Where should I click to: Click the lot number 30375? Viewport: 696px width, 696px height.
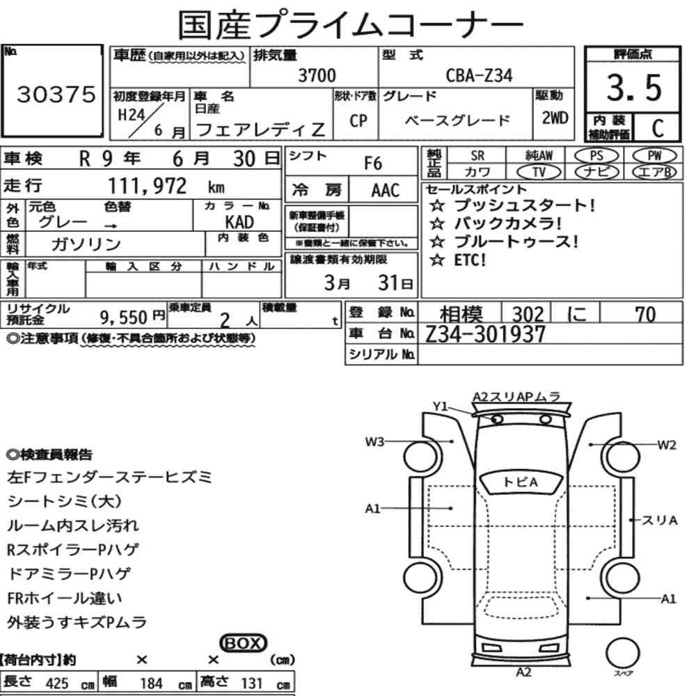56,94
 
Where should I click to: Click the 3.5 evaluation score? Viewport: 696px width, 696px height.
634,88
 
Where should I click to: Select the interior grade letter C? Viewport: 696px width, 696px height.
658,128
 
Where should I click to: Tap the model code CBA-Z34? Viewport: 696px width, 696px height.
479,75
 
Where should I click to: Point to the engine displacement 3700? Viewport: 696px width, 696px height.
317,75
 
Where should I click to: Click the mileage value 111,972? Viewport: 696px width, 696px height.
148,186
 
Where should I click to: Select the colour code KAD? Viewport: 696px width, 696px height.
239,221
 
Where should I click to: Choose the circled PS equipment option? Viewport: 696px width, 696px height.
596,156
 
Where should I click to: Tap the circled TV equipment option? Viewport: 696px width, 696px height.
539,172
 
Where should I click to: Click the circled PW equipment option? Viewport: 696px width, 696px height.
654,156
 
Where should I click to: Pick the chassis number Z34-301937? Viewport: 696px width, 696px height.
484,334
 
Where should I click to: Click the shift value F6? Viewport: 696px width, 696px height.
373,164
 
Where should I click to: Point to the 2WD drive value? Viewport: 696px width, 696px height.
555,118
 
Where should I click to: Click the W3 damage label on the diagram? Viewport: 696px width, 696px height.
374,442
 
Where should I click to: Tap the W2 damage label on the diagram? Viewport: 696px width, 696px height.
667,445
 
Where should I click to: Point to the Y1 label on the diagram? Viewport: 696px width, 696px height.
441,406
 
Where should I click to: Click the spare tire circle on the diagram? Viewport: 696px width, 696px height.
623,653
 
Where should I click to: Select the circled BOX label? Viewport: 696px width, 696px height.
243,643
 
